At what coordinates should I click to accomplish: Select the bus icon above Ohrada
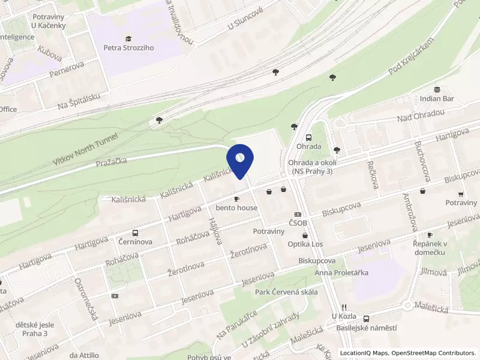tap(308, 137)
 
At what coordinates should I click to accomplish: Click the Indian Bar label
tap(437, 98)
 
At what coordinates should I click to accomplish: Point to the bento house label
tap(237, 208)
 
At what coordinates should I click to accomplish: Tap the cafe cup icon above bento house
tap(236, 199)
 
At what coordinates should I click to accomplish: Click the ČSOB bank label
tap(298, 223)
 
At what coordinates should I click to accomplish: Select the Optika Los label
tap(305, 244)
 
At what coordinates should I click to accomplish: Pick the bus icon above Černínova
tap(135, 233)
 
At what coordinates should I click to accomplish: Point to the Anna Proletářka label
tap(341, 273)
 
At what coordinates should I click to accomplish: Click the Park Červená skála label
tap(281, 292)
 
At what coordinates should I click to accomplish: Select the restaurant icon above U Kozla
tap(344, 307)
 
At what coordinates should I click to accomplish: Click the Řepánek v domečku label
tap(431, 247)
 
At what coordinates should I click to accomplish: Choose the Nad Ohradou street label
tap(424, 115)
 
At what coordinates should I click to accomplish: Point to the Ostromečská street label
tap(86, 298)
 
